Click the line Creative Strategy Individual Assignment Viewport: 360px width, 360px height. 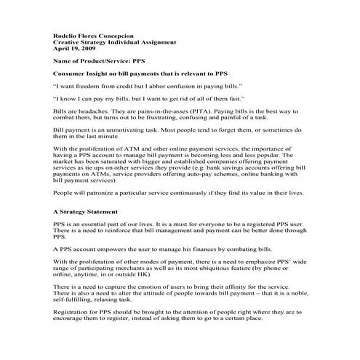tap(115, 42)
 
